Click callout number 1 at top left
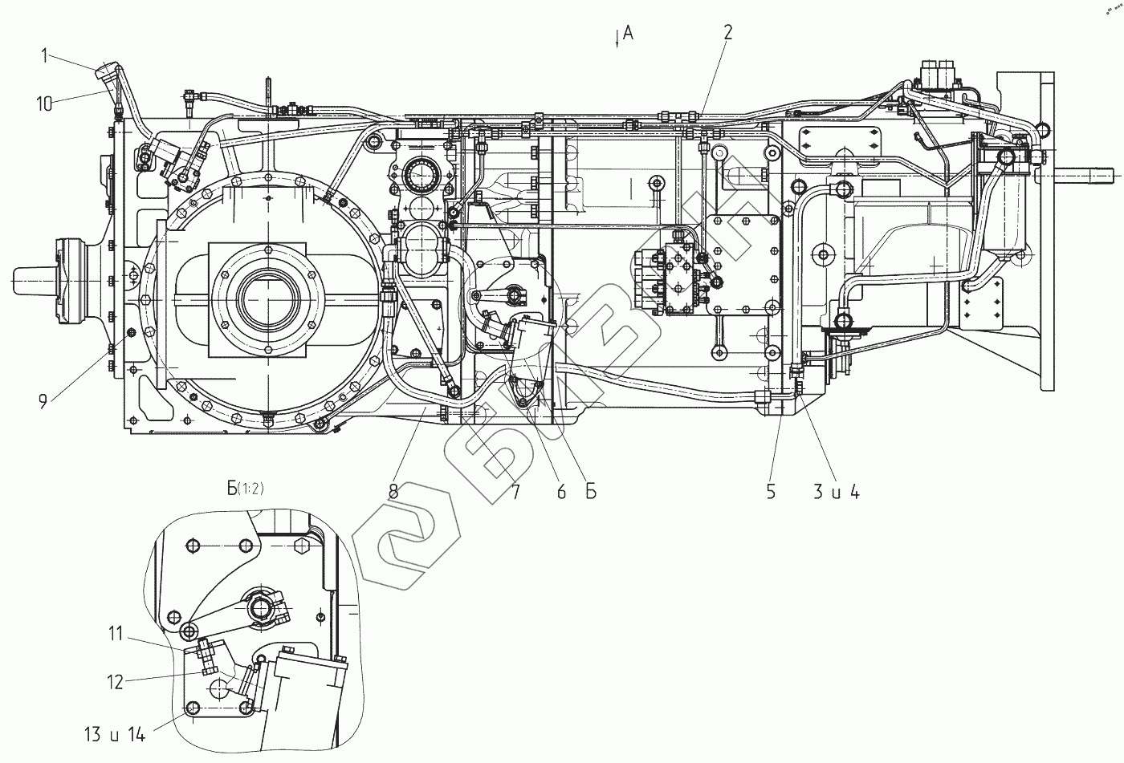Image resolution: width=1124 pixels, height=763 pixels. pos(47,55)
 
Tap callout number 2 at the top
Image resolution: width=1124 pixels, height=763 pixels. pos(727,32)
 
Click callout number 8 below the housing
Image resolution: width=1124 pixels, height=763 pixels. pos(393,492)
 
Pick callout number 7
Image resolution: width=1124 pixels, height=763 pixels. pos(515,492)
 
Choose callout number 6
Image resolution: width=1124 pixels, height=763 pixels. pos(561,492)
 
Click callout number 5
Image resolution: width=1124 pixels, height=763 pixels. pos(771,492)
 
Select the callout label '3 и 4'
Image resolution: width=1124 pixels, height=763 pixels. pos(837,492)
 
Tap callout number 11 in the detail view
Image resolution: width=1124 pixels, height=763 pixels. pos(116,634)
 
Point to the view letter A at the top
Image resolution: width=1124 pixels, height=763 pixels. pos(629,32)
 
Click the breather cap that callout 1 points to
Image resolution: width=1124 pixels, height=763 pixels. pos(107,74)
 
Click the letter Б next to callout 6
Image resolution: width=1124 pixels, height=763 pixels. pos(590,492)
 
